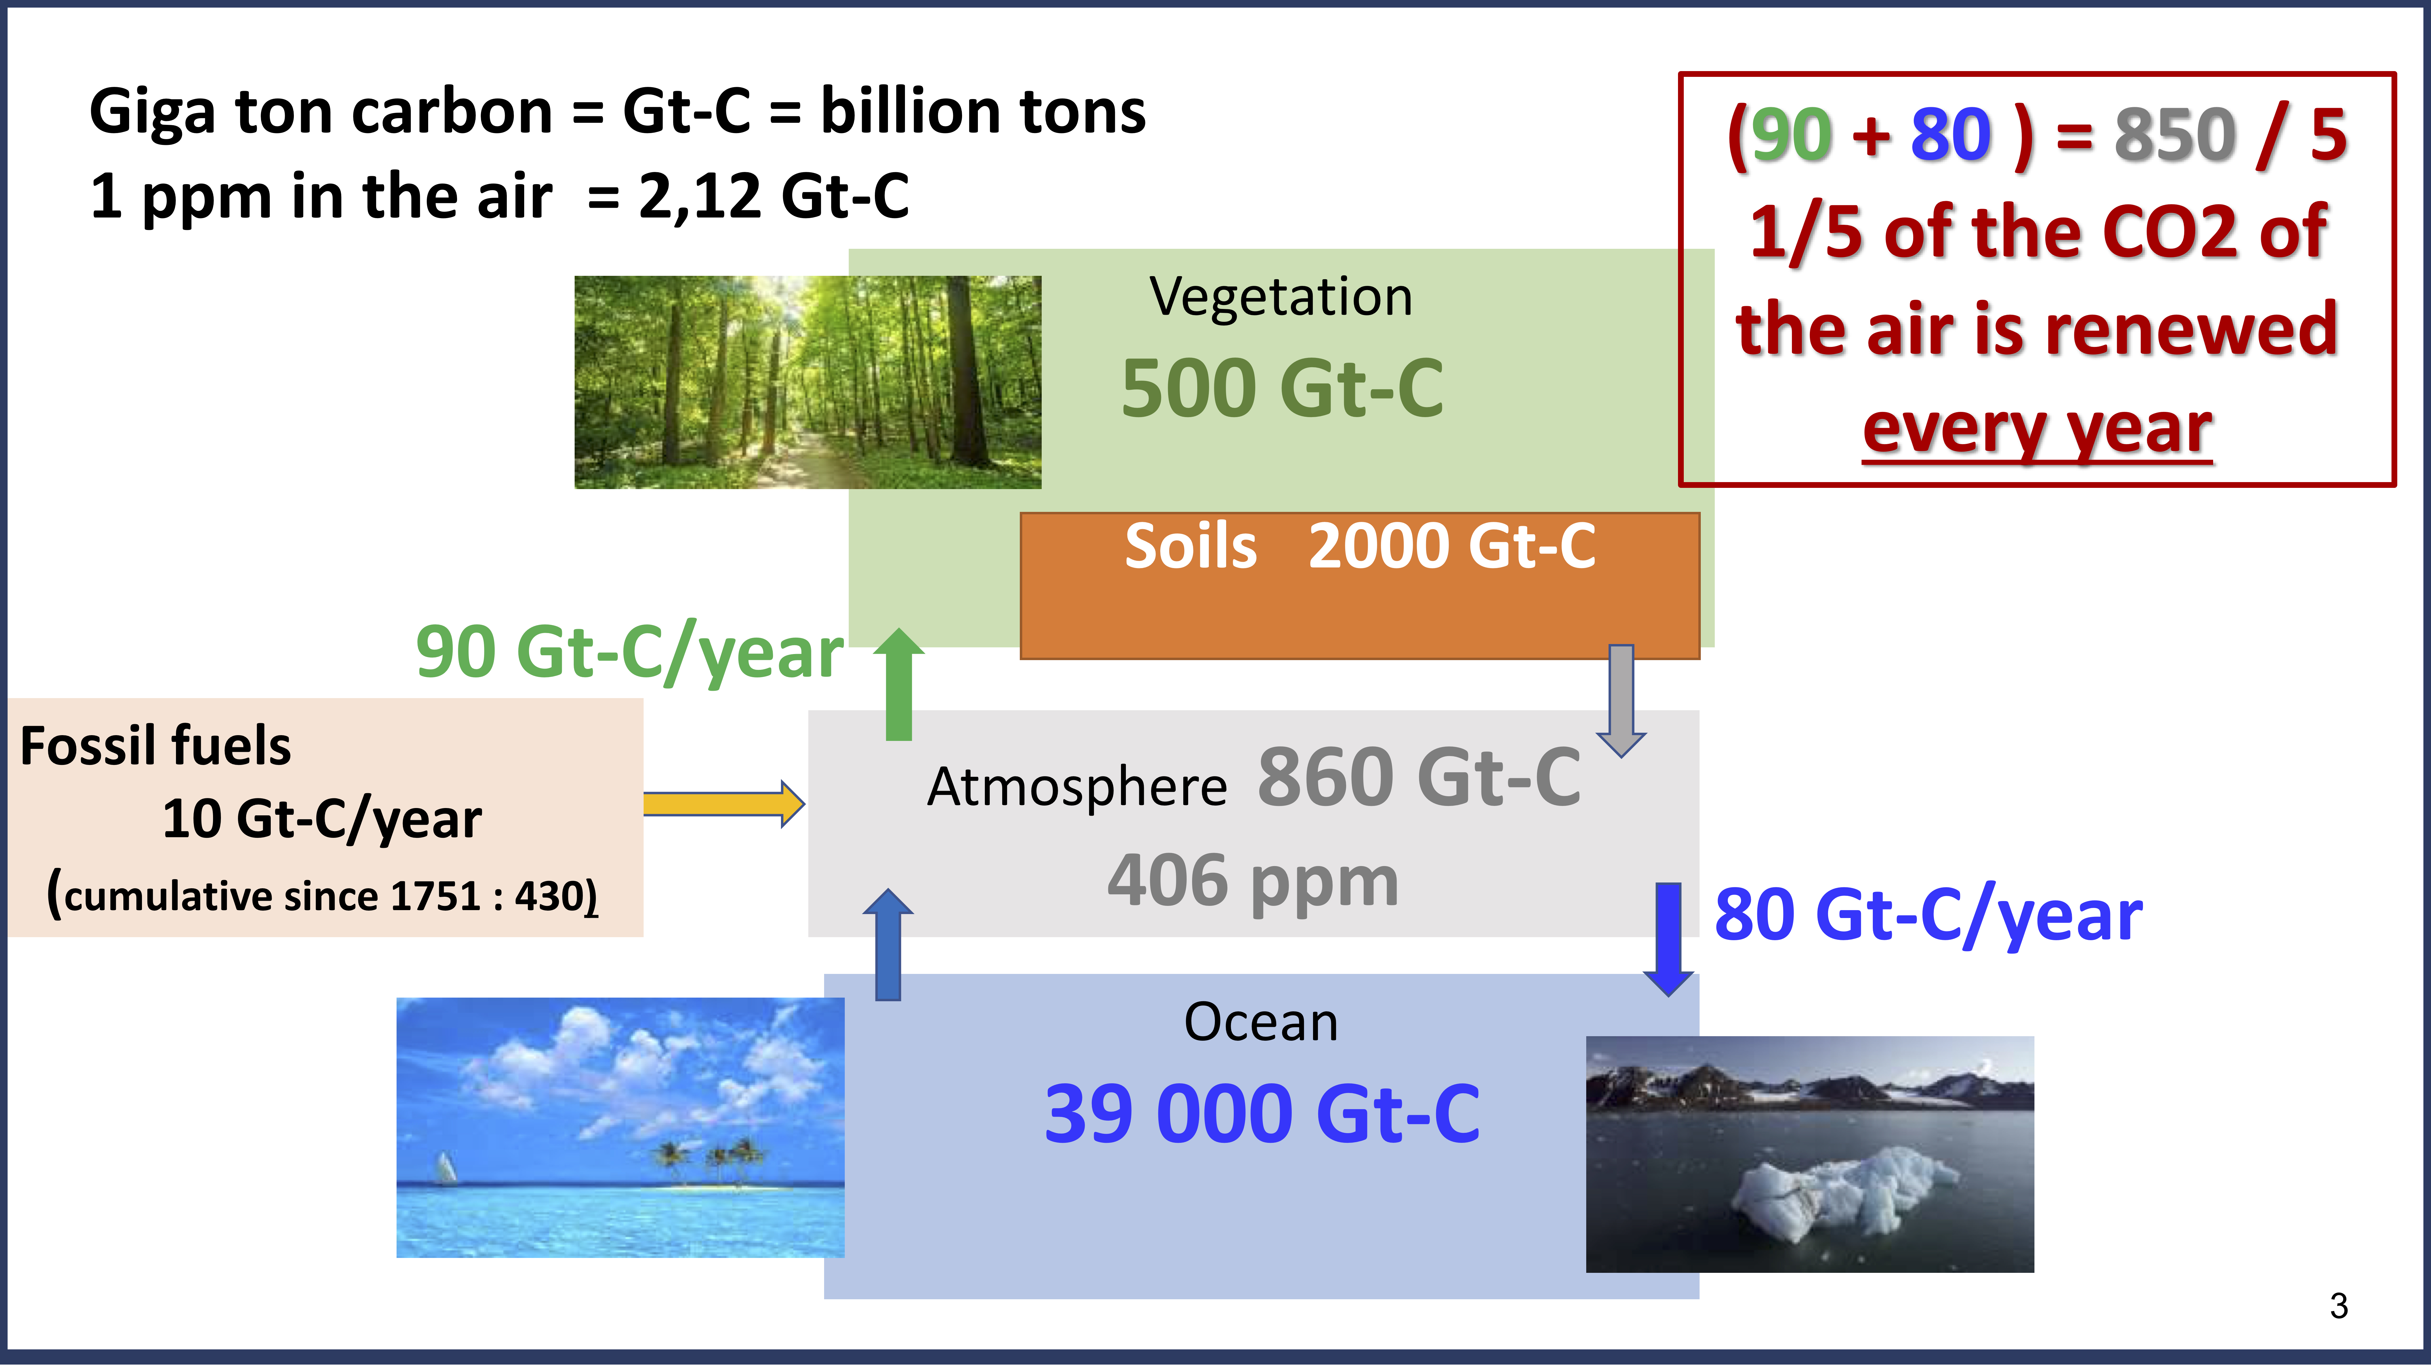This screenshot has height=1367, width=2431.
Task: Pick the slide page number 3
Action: (x=2339, y=1306)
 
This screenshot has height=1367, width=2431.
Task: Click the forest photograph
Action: (x=808, y=382)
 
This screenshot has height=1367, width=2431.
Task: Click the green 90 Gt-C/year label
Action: (x=629, y=653)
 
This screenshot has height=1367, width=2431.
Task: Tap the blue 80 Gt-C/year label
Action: (x=1928, y=915)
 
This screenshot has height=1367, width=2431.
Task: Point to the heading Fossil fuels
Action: (x=156, y=746)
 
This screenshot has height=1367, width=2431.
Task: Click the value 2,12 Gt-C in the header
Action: (x=774, y=196)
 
